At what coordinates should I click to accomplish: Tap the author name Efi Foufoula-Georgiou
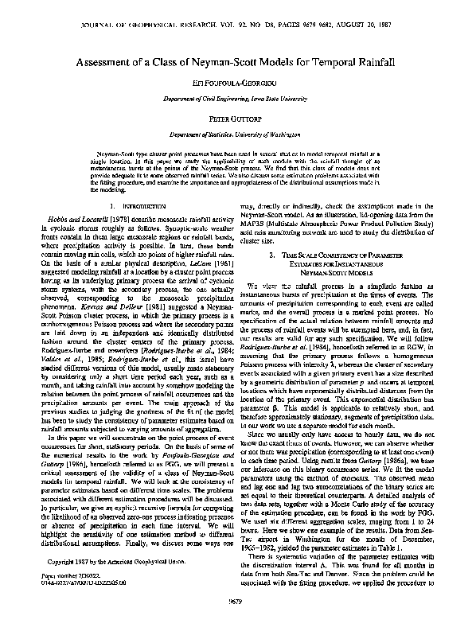[x=237, y=83]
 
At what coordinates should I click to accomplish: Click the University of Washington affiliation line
[x=237, y=135]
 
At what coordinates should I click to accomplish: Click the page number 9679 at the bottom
[x=238, y=622]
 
